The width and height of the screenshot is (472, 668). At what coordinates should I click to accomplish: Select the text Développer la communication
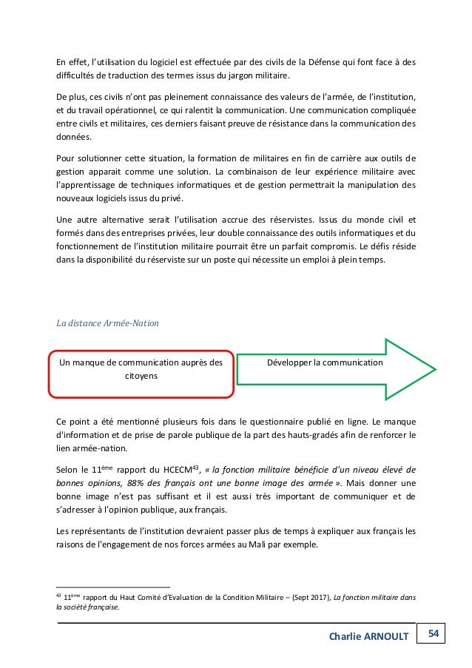[325, 363]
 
